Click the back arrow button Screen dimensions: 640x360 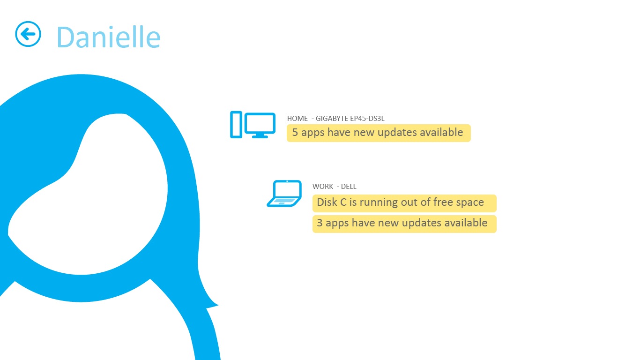pos(28,34)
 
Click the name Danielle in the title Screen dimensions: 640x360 pos(109,37)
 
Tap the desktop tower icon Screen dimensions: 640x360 pos(236,125)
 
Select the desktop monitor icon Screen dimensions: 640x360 pos(260,126)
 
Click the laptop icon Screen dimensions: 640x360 pos(284,193)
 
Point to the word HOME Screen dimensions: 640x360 pos(298,119)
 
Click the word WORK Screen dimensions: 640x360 pos(323,187)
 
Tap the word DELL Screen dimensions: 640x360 pos(349,187)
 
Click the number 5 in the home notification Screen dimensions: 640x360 pos(295,132)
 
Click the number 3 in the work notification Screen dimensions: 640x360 pos(320,223)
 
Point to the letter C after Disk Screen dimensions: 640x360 pos(343,202)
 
